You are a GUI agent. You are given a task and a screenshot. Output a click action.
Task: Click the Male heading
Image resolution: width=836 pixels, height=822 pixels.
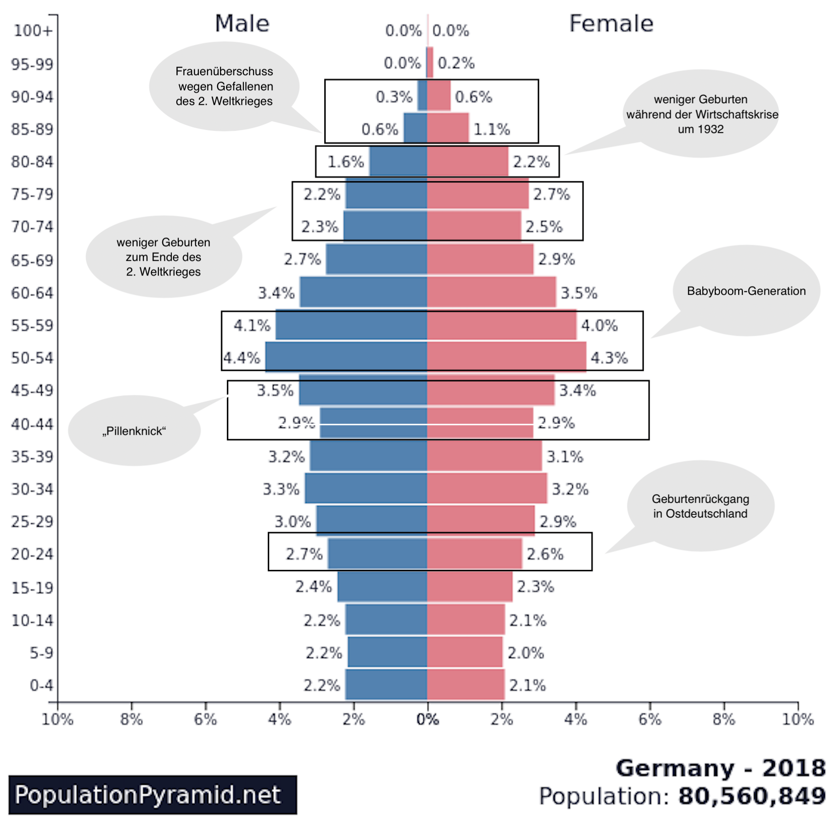(x=242, y=24)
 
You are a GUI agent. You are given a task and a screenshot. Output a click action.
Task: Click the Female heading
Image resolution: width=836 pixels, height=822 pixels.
(x=611, y=24)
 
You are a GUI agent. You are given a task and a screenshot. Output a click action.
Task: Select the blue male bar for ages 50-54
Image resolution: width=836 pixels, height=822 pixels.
(x=346, y=357)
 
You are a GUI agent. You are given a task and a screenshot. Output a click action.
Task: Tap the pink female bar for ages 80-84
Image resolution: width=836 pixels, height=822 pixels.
(x=467, y=162)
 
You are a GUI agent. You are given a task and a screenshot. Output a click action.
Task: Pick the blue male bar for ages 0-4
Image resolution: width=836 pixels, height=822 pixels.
(x=386, y=685)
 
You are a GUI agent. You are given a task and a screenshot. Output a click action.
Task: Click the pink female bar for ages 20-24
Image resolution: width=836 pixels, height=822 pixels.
(x=474, y=553)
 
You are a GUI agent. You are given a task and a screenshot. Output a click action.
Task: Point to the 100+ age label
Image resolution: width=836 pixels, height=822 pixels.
(x=33, y=31)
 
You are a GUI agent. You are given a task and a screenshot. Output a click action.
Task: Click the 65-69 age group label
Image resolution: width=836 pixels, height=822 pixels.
(x=32, y=260)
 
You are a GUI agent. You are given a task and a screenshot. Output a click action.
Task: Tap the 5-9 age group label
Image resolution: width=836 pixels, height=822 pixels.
(x=41, y=653)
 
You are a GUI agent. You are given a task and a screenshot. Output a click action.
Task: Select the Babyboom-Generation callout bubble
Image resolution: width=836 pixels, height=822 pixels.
(x=746, y=291)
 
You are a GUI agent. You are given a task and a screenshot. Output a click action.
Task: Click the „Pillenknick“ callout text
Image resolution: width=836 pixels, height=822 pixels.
(x=134, y=431)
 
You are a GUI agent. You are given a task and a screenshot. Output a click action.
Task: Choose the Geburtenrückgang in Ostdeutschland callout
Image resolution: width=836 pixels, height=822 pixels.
(x=700, y=506)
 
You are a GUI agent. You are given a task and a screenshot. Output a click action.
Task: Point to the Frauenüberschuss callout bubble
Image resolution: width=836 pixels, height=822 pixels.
(x=224, y=86)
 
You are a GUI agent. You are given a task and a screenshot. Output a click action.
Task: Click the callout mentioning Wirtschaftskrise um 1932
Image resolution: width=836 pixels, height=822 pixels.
(x=701, y=114)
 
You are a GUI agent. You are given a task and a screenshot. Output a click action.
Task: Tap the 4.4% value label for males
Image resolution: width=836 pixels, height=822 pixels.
(x=242, y=357)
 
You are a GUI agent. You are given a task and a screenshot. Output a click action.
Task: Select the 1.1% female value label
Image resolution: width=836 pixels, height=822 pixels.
(x=491, y=129)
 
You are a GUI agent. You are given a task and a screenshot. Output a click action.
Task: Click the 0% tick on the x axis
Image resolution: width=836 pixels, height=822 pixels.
(x=427, y=719)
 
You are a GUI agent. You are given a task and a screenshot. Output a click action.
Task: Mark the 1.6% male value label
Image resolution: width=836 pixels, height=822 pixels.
(x=345, y=162)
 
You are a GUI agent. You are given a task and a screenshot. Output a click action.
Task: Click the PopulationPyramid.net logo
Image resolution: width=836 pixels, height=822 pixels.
(x=153, y=795)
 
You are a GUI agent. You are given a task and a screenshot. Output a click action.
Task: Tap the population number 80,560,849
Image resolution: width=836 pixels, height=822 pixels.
(x=752, y=796)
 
